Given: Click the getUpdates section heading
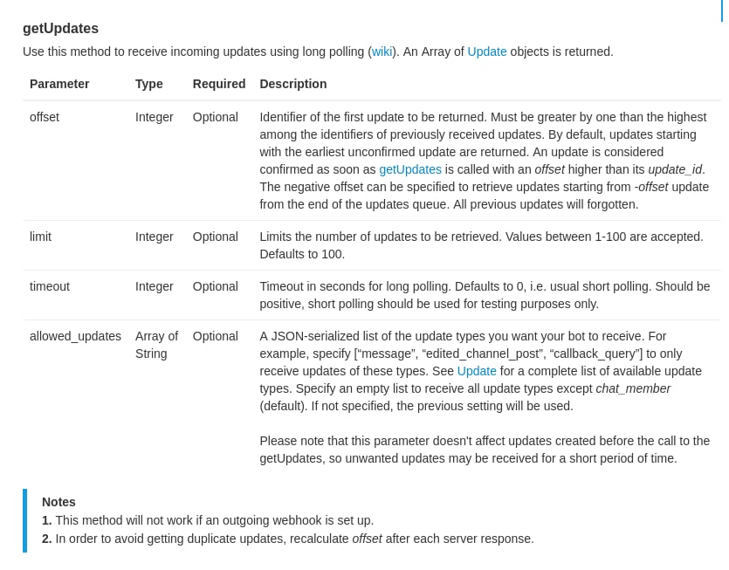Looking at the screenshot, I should [60, 28].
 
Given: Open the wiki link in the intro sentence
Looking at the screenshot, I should [382, 52].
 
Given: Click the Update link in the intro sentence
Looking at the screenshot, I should [486, 52].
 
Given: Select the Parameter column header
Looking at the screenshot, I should [59, 84].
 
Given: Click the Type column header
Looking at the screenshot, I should [149, 84].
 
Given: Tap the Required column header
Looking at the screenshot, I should [219, 84].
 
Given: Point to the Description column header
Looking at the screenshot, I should [292, 84].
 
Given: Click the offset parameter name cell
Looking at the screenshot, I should [45, 117].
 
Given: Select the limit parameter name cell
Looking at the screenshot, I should [40, 237].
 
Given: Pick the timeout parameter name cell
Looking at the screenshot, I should [50, 286].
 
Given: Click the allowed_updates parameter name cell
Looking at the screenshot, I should [75, 336].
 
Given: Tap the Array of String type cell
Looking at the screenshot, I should [156, 345].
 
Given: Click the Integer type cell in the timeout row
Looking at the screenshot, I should [154, 286].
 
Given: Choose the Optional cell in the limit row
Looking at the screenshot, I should [215, 237].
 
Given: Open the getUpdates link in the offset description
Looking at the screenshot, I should [409, 169].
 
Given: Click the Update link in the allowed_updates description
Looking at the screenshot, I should [477, 371].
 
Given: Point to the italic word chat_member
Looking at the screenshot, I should [633, 388].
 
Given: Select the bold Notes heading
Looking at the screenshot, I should [58, 502].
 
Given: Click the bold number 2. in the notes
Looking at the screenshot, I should [47, 539].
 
